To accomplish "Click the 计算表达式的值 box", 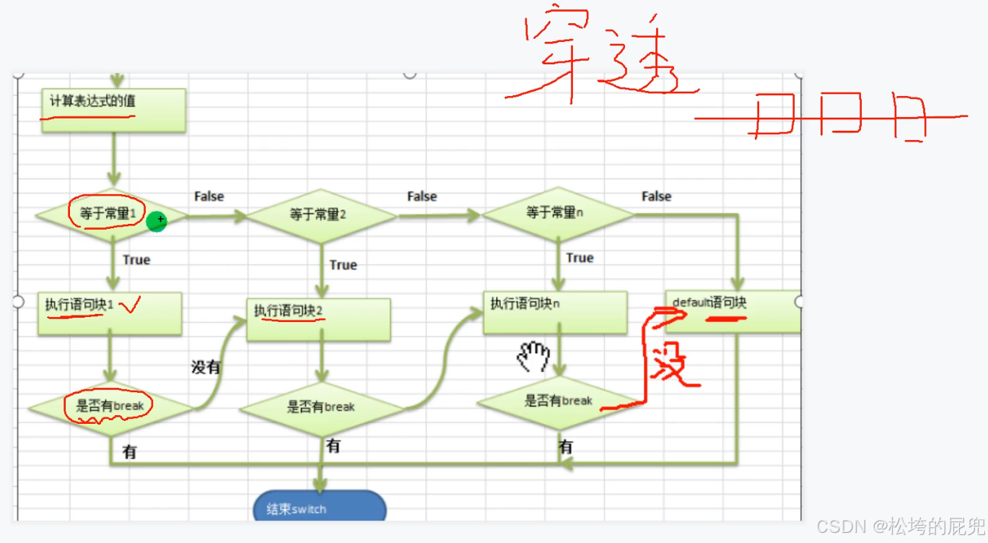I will [x=113, y=110].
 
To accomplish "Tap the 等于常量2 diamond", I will [x=321, y=214].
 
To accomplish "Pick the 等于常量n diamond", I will [x=557, y=213].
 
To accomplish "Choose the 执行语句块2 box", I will [x=318, y=319].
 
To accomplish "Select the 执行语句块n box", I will [x=554, y=312].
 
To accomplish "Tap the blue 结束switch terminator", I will [x=320, y=508].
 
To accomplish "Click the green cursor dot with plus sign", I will [x=157, y=222].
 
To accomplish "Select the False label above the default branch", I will [x=656, y=196].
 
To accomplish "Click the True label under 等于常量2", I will [x=343, y=265].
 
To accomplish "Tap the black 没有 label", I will [x=206, y=367].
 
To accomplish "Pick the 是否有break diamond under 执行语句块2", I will [x=321, y=407].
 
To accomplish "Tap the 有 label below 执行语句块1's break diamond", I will [x=130, y=453].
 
